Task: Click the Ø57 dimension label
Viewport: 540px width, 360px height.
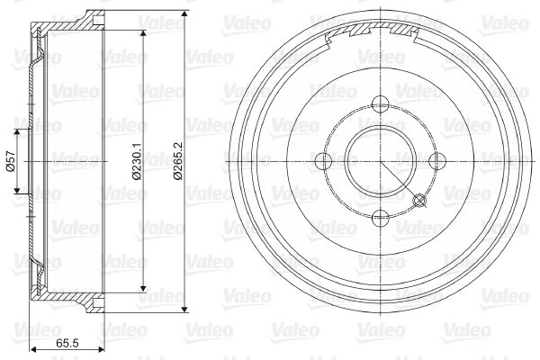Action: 11,161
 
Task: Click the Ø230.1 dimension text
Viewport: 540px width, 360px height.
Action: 137,161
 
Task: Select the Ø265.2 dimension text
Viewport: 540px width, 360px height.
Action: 178,161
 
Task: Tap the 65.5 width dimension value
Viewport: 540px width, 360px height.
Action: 67,343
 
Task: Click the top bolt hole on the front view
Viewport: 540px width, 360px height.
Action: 381,104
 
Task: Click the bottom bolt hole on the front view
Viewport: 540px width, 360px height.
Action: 381,218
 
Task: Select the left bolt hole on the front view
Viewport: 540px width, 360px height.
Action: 324,161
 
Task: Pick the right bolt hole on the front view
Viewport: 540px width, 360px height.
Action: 437,161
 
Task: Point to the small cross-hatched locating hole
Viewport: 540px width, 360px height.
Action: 419,200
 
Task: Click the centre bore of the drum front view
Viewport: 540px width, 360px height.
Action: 381,161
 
